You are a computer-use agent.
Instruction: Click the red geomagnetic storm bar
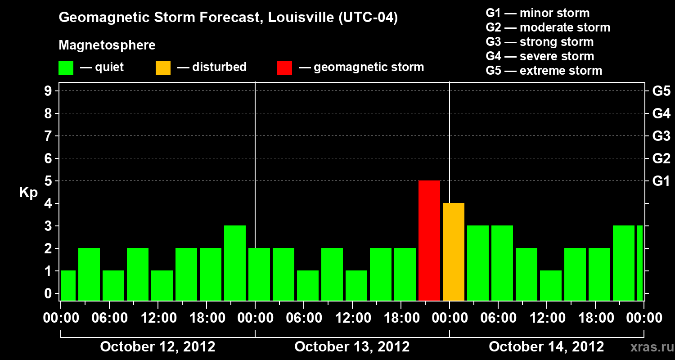pos(429,240)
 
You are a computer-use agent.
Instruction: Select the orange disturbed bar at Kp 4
pos(454,252)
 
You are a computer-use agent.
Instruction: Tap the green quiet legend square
pos(66,67)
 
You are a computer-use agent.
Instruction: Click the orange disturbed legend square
pos(163,67)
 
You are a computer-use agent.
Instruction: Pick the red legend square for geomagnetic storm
pos(284,67)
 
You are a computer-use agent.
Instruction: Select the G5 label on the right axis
pos(661,91)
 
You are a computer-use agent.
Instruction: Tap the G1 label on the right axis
pos(661,181)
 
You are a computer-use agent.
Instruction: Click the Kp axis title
pos(28,193)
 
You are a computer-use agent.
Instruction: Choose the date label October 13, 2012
pos(352,346)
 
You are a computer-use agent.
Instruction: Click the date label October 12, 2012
pos(157,346)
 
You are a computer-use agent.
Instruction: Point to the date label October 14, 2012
pos(546,346)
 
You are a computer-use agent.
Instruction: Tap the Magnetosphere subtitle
pos(107,45)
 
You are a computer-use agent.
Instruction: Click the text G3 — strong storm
pos(540,42)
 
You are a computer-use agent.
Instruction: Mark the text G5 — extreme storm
pos(544,71)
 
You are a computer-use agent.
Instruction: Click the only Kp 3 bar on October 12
pos(235,263)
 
